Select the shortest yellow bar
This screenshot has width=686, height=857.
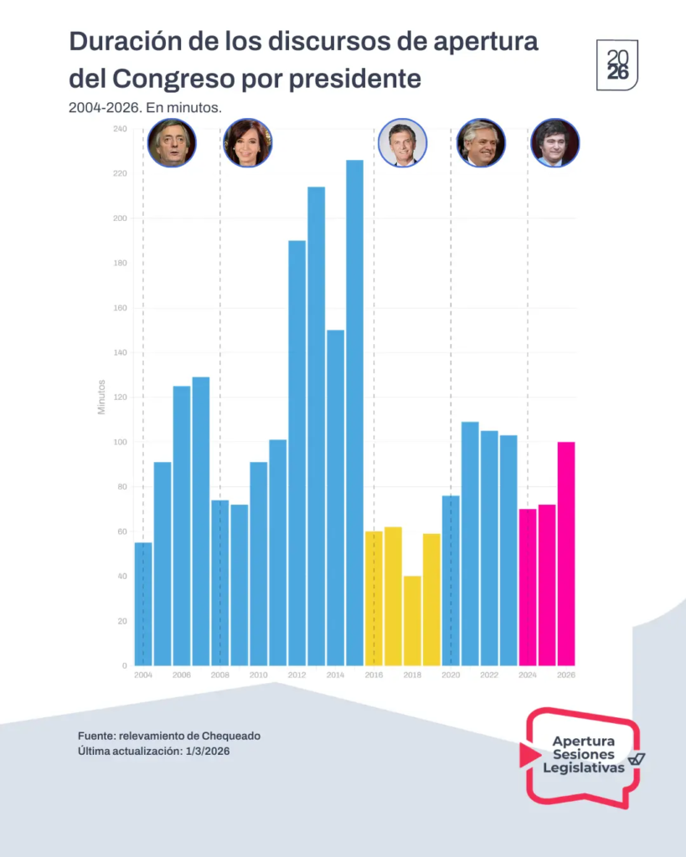412,620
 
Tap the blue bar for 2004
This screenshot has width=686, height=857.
143,603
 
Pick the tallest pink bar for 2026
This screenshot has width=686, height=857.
566,553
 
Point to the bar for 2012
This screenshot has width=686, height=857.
297,453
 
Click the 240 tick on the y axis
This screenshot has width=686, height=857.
119,129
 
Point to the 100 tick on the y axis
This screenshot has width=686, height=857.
119,442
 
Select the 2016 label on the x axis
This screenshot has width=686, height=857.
374,675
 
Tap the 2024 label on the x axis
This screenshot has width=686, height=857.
528,675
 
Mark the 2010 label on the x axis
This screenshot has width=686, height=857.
258,675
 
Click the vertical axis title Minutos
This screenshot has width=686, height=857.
101,397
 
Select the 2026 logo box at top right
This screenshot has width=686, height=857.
617,64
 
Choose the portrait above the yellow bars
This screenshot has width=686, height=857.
403,143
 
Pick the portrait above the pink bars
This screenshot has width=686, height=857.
555,143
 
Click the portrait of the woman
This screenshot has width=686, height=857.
248,143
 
